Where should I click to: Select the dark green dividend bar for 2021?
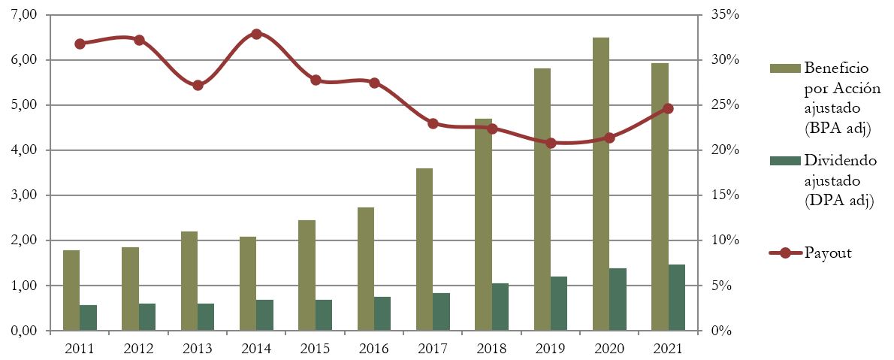(677, 298)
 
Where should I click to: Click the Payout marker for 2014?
(256, 34)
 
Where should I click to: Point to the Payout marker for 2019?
(551, 143)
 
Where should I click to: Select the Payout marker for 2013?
(198, 85)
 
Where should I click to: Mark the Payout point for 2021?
(668, 108)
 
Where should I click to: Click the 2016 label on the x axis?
(374, 349)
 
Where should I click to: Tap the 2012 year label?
(139, 349)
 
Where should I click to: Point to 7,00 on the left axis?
(24, 15)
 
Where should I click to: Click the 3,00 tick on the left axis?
(24, 195)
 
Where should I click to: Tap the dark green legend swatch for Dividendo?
(784, 160)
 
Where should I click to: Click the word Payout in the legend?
(828, 253)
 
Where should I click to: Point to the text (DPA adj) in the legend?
(838, 201)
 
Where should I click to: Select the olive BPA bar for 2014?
(248, 283)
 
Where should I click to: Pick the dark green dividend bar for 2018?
(500, 307)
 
